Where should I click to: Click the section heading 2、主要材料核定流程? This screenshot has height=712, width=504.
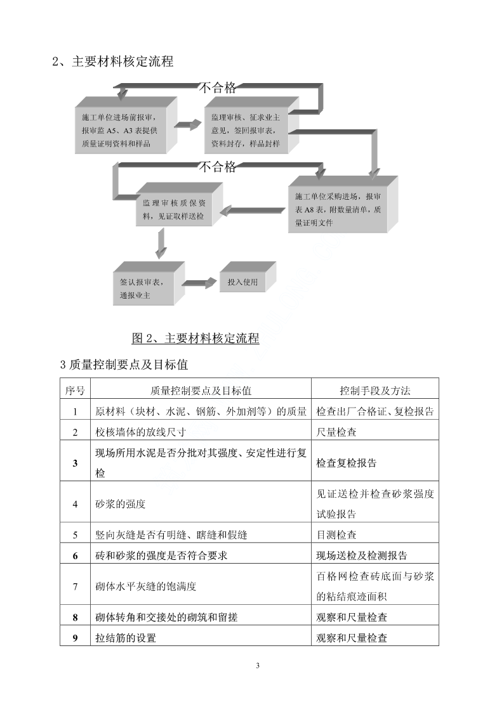[113, 61]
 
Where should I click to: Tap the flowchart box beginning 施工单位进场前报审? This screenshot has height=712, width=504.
[126, 126]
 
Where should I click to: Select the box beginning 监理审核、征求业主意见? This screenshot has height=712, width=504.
[251, 126]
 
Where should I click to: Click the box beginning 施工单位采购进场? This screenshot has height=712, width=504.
[343, 205]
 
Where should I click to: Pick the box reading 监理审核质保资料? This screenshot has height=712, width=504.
[179, 204]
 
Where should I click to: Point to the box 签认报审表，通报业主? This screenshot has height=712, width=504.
[149, 283]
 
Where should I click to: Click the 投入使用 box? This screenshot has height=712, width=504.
[248, 277]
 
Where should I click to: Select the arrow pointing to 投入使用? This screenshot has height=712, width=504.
[199, 283]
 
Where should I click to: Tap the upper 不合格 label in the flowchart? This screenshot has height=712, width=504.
[218, 87]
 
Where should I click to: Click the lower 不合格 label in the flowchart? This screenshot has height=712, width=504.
[218, 167]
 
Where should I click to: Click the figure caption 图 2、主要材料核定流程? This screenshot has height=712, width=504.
[196, 338]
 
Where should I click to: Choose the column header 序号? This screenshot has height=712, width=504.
[75, 391]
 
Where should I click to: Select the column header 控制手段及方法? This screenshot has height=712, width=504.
[375, 391]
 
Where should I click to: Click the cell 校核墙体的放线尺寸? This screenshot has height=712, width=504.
[140, 432]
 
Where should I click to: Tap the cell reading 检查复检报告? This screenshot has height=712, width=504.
[347, 463]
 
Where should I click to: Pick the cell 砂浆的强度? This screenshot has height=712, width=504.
[121, 504]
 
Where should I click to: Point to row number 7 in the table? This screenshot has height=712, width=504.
[75, 586]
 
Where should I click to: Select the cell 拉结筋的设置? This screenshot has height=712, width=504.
[126, 638]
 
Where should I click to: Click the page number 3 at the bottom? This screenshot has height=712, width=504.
[258, 666]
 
